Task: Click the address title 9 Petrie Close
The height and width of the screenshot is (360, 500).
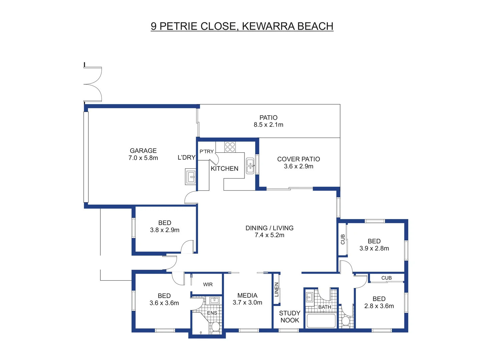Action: tap(242, 26)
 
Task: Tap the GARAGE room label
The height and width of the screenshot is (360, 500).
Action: tap(143, 151)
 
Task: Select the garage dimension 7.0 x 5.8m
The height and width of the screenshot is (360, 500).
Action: tap(143, 158)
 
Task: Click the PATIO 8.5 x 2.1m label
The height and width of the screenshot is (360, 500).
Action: tap(268, 121)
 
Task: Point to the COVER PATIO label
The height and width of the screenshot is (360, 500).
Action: tap(299, 159)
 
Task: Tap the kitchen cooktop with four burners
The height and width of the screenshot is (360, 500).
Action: tap(230, 147)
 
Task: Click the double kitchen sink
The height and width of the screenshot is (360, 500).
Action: tap(250, 166)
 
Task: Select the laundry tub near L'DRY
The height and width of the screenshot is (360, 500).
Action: tap(191, 176)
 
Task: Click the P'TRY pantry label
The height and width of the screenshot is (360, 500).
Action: tap(206, 152)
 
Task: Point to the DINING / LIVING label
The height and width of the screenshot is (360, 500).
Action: tap(270, 228)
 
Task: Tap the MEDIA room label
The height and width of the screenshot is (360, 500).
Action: tap(247, 296)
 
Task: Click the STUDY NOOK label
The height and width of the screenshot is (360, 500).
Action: tap(290, 317)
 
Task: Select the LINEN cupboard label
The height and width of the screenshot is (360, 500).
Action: tap(277, 289)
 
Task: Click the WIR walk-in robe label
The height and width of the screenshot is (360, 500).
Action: tap(208, 284)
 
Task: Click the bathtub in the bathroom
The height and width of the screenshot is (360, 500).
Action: tap(321, 321)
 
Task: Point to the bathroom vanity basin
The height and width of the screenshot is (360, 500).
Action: tap(309, 297)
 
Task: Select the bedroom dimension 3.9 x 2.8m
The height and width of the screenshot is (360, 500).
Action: tap(374, 248)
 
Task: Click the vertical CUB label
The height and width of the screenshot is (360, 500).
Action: tap(343, 239)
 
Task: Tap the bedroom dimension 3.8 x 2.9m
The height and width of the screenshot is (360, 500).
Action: tap(165, 230)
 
